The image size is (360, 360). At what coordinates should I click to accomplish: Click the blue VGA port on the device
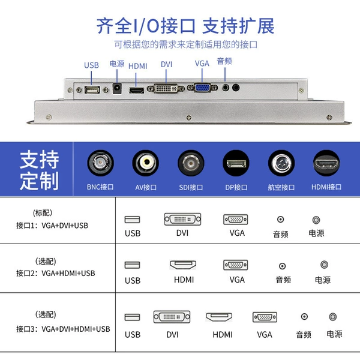pyautogui.click(x=202, y=88)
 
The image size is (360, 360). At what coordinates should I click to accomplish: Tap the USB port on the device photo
pyautogui.click(x=92, y=89)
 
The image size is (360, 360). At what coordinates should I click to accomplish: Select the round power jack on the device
pyautogui.click(x=117, y=88)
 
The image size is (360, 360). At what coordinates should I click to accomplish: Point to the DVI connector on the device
pyautogui.click(x=166, y=88)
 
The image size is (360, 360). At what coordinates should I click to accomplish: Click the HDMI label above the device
pyautogui.click(x=137, y=66)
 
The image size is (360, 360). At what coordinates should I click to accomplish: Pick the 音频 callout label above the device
pyautogui.click(x=224, y=61)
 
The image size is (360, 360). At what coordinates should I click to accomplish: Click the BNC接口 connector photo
pyautogui.click(x=100, y=163)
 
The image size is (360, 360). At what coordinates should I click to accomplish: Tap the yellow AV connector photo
pyautogui.click(x=146, y=163)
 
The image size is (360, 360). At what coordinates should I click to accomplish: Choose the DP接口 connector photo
pyautogui.click(x=236, y=163)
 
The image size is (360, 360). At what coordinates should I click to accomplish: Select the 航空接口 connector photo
pyautogui.click(x=281, y=163)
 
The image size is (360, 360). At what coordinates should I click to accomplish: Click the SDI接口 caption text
pyautogui.click(x=191, y=187)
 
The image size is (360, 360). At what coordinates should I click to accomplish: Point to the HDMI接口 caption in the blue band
pyautogui.click(x=326, y=187)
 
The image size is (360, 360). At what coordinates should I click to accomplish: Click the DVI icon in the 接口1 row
pyautogui.click(x=182, y=219)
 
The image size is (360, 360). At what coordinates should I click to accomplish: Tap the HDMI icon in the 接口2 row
pyautogui.click(x=183, y=265)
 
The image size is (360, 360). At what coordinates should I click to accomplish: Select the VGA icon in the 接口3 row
pyautogui.click(x=265, y=317)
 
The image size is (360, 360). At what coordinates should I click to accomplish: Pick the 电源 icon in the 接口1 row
pyautogui.click(x=316, y=220)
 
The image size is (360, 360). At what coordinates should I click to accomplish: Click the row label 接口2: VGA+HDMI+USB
pyautogui.click(x=56, y=273)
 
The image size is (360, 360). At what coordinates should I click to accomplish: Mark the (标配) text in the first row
pyautogui.click(x=43, y=213)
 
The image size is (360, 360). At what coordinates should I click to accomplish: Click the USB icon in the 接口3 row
pyautogui.click(x=132, y=317)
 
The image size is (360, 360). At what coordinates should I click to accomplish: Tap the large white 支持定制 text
pyautogui.click(x=39, y=170)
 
